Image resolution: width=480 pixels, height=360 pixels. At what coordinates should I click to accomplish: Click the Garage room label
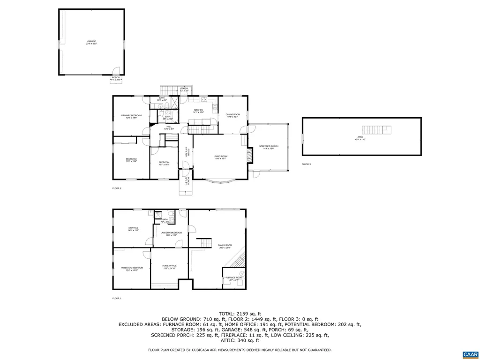click(x=91, y=42)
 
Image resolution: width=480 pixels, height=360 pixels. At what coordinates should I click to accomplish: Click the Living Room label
click(x=220, y=157)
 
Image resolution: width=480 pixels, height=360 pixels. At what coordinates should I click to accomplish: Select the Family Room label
click(x=225, y=246)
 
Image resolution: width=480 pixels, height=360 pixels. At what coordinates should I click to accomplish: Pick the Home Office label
click(x=169, y=267)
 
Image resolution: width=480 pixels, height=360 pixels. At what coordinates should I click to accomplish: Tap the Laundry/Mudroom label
click(x=171, y=233)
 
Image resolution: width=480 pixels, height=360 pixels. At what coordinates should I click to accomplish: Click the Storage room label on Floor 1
click(x=134, y=229)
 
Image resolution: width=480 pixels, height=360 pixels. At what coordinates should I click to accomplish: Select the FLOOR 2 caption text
click(x=117, y=188)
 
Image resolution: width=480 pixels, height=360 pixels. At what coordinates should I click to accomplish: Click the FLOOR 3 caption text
click(x=306, y=164)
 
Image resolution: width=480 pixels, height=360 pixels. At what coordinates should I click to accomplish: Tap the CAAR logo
click(x=469, y=354)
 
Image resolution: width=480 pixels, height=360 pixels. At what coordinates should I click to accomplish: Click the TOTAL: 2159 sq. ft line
click(x=240, y=314)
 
